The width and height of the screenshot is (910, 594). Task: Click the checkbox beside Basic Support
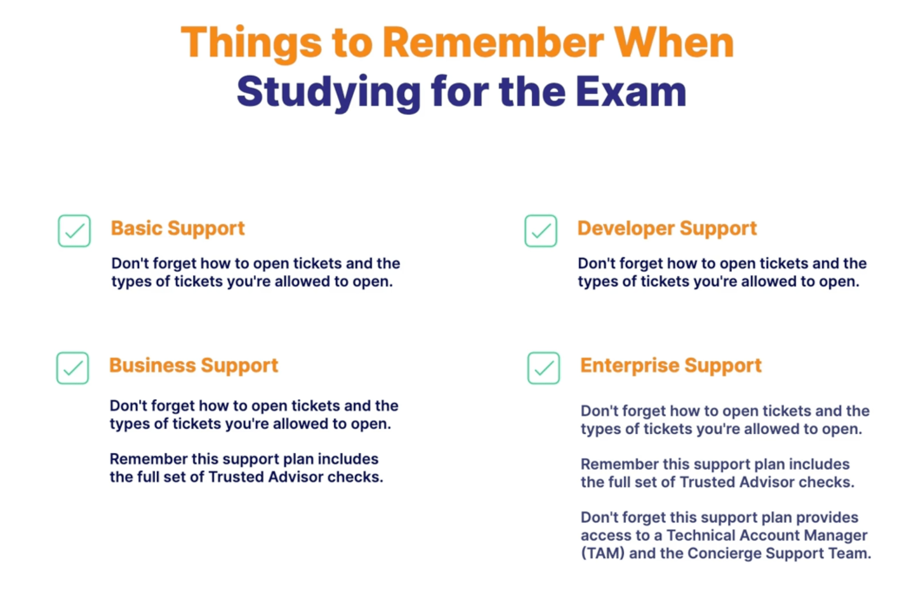pos(74,231)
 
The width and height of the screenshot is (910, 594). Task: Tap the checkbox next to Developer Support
pos(541,231)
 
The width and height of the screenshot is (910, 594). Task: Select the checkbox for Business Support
pos(73,368)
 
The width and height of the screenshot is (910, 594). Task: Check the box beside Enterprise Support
pos(544,368)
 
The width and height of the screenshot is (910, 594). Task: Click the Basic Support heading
pos(178,229)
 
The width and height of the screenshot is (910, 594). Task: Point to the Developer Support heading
pos(667,229)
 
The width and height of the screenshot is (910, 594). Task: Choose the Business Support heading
pos(194,366)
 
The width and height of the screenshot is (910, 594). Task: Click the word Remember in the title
pos(493,42)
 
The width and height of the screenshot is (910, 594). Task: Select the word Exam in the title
pos(631,92)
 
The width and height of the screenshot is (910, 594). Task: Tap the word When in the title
pos(674,42)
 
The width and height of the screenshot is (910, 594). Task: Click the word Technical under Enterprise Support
pos(702,535)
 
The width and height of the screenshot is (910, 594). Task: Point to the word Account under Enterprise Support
pos(770,535)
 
